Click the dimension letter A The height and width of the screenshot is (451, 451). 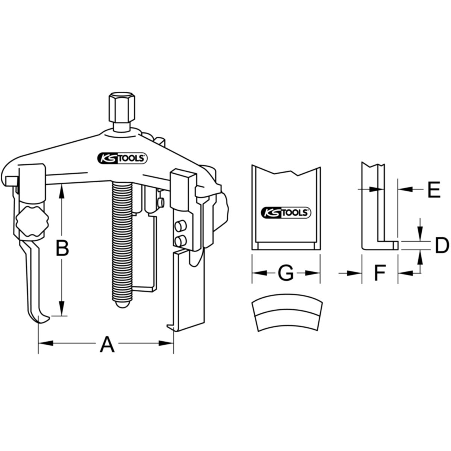pyautogui.click(x=107, y=344)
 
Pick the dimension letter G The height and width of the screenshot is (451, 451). pyautogui.click(x=286, y=273)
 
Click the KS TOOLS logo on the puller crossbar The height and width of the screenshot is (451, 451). pyautogui.click(x=122, y=159)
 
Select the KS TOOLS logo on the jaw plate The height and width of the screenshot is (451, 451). pyautogui.click(x=286, y=212)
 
